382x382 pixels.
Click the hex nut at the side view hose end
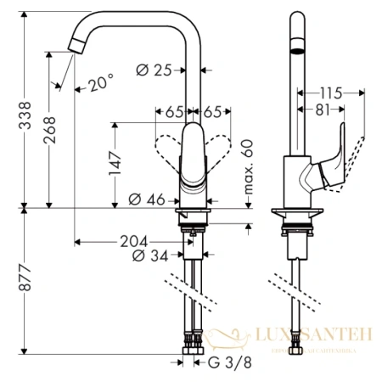click(297, 350)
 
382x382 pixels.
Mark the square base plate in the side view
click(296, 212)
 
